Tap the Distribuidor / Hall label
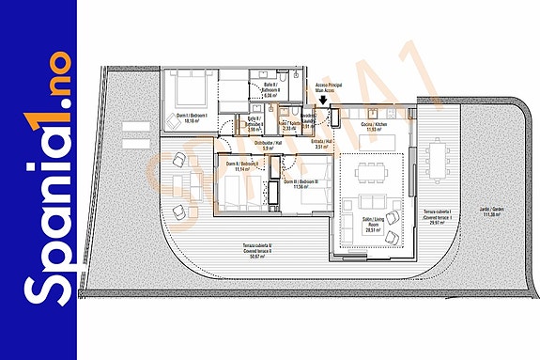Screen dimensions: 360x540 [x=270, y=145]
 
